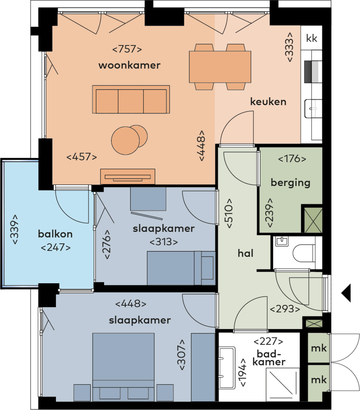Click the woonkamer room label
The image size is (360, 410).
[129, 65]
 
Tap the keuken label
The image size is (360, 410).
[268, 102]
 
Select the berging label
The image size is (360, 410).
[290, 183]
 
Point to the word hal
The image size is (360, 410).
[245, 253]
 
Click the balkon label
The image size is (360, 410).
[55, 234]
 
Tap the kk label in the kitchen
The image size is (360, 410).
[311, 38]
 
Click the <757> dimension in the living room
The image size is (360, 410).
[127, 49]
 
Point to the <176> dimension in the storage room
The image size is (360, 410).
[292, 159]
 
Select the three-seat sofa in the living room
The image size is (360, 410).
[131, 100]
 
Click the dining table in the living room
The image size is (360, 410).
[220, 67]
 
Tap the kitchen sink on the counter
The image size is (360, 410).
[313, 108]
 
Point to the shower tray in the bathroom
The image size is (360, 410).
[283, 384]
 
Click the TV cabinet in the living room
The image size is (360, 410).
[127, 177]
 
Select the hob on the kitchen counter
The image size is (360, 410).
[313, 72]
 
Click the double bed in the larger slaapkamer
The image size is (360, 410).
[123, 367]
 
